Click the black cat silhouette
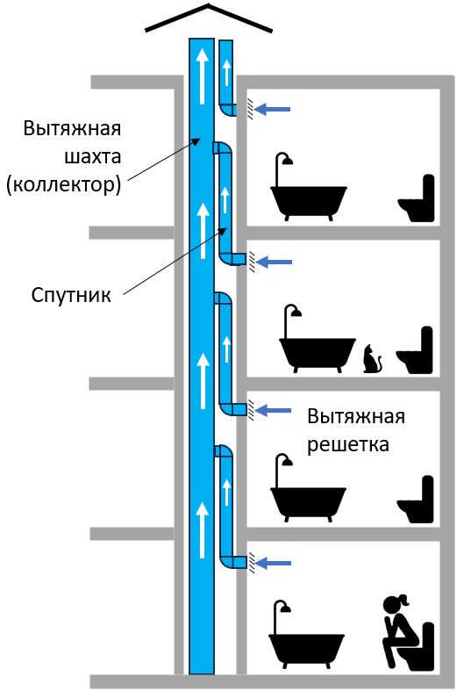pos(372,360)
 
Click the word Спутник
pos(71,295)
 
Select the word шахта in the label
pos(92,156)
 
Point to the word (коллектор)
pos(63,184)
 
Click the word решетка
pos(348,444)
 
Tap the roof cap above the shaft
pos(209,18)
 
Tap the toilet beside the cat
pos(415,350)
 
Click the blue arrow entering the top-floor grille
pos(273,109)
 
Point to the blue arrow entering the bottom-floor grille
pos(274,563)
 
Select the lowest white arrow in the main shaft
pos(202,530)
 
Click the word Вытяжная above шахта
pos(72,129)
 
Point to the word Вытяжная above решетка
pos(356,416)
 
